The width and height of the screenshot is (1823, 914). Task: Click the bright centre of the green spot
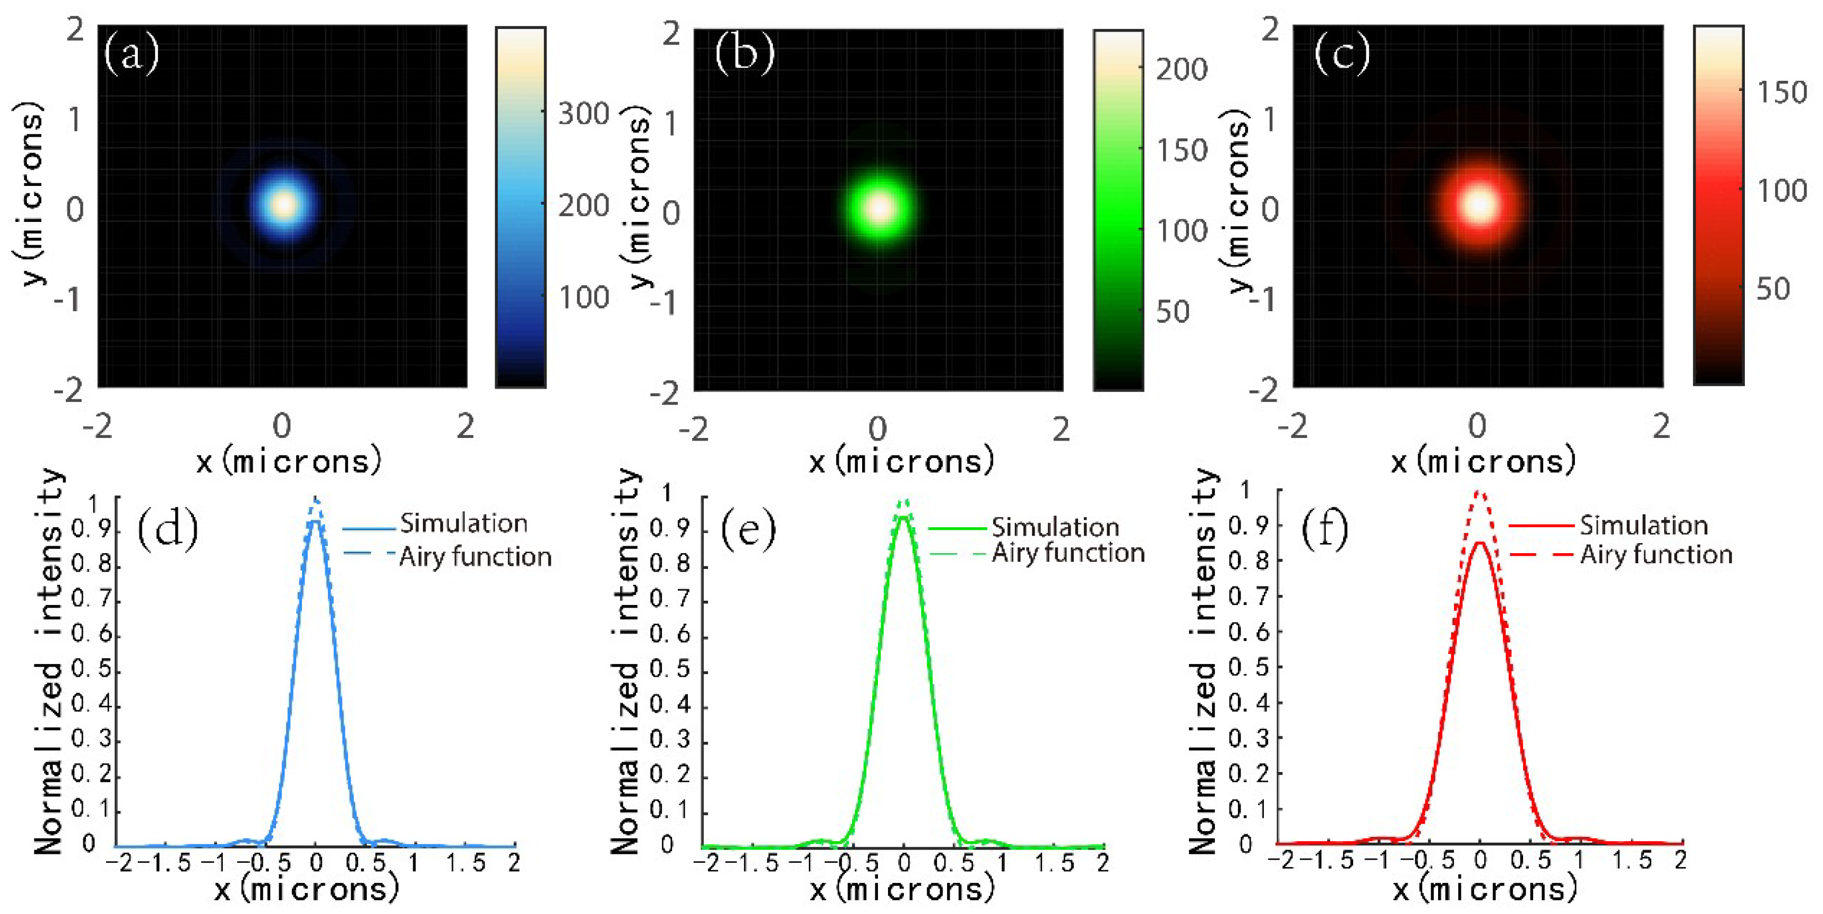click(x=880, y=208)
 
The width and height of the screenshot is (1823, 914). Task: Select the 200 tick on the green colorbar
click(x=1180, y=69)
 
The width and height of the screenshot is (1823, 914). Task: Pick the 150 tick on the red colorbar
click(x=1781, y=92)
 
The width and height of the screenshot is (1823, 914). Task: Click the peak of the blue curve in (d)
click(x=316, y=520)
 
